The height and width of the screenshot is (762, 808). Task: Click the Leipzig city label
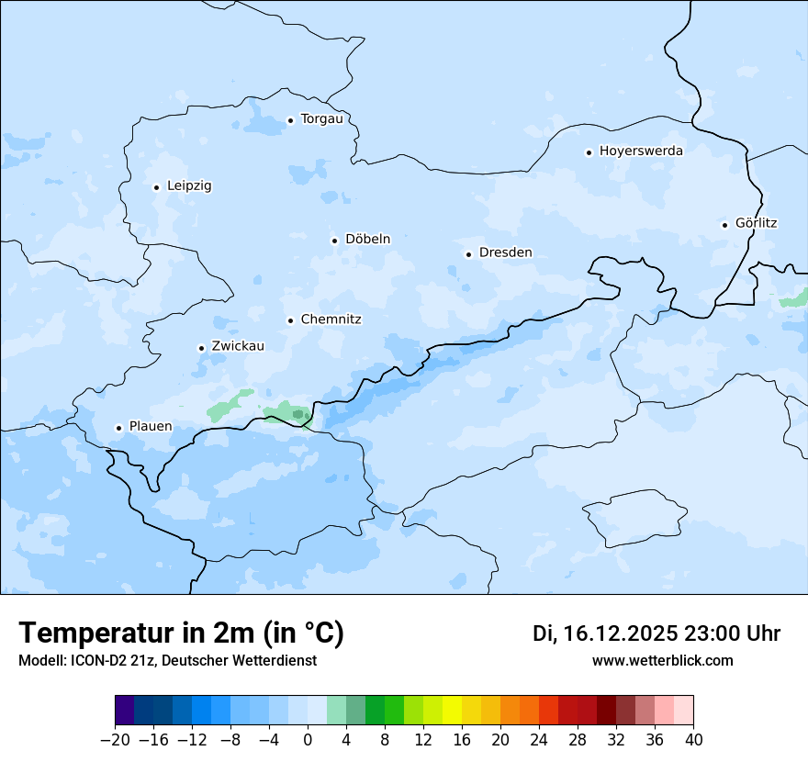(x=189, y=186)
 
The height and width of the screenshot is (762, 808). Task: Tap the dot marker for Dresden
(x=468, y=254)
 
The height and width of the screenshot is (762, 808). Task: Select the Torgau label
(x=321, y=119)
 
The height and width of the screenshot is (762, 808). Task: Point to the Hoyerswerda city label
(x=641, y=151)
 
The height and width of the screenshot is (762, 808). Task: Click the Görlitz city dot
(x=724, y=225)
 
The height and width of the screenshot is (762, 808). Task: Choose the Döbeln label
(x=367, y=240)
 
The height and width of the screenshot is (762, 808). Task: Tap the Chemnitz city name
(x=331, y=320)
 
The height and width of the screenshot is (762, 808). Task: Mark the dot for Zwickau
(x=201, y=348)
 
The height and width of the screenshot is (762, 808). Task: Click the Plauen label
(x=150, y=427)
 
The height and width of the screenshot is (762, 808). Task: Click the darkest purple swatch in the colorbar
(x=125, y=711)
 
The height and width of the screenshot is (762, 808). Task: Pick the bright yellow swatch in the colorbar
(x=452, y=711)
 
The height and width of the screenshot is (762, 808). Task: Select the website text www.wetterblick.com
(x=662, y=661)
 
